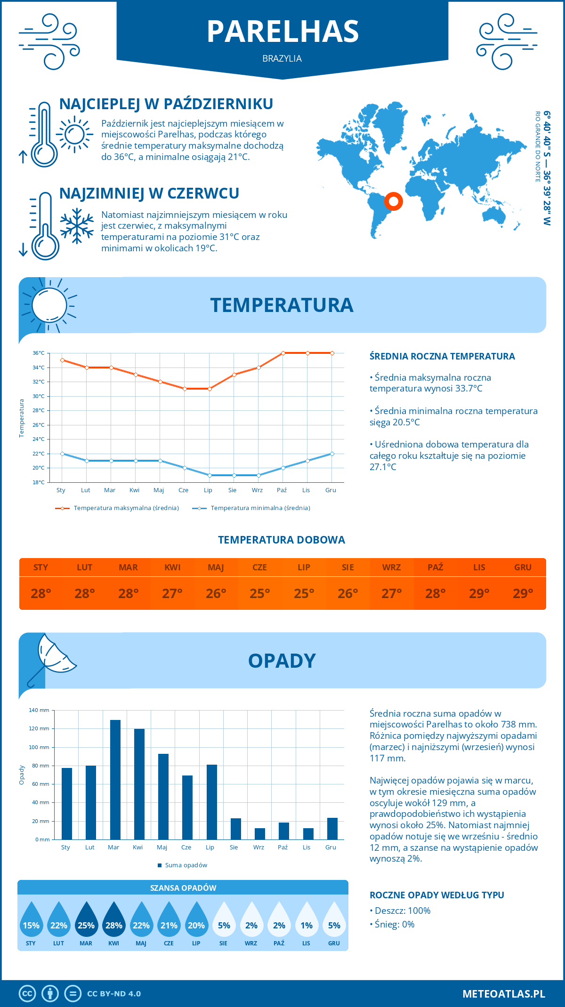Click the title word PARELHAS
(282, 32)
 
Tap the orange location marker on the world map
(393, 201)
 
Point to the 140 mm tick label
(40, 710)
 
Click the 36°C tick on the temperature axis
(39, 353)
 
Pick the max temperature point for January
(62, 360)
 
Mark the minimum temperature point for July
(210, 475)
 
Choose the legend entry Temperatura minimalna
(251, 508)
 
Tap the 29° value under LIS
(479, 593)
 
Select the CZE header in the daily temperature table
(259, 567)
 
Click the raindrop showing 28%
(113, 919)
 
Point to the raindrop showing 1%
(307, 919)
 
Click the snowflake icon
(77, 226)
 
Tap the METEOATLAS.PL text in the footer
(504, 993)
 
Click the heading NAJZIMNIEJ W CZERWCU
(149, 193)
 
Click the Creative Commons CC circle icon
(27, 993)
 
